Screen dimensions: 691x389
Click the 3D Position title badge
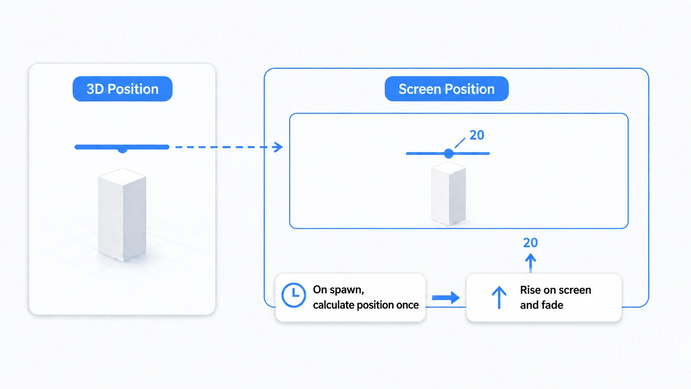[122, 89]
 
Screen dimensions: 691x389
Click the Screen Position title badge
[446, 89]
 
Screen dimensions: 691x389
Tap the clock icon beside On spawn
[294, 295]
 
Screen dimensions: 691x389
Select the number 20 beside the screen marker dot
[477, 135]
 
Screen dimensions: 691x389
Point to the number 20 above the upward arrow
[530, 243]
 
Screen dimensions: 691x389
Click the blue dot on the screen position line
[449, 153]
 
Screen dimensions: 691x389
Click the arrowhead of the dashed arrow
[278, 147]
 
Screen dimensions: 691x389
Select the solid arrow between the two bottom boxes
[446, 298]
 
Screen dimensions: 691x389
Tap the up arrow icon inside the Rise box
[499, 297]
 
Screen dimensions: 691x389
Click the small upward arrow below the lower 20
[531, 263]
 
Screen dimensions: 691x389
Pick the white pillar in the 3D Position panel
[122, 215]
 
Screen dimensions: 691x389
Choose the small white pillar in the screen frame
[448, 194]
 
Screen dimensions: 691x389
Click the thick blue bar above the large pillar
[122, 147]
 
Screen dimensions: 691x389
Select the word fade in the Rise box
[553, 305]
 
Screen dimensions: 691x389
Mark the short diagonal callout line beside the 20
[460, 143]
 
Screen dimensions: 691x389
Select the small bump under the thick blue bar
[122, 150]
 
